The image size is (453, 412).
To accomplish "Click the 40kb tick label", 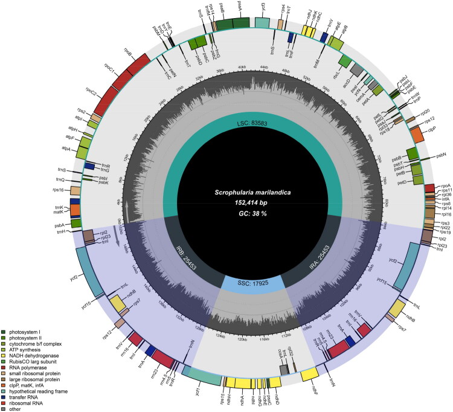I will [243, 66].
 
